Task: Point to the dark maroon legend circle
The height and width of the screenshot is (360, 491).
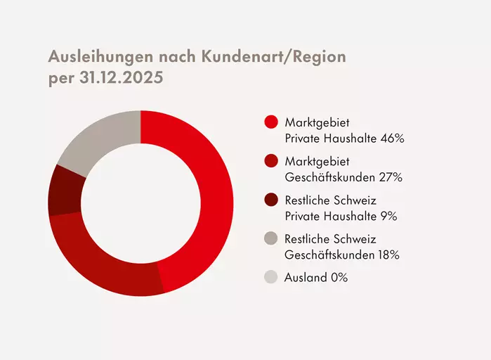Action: coord(271,200)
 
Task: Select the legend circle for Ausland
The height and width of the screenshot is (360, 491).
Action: coord(271,277)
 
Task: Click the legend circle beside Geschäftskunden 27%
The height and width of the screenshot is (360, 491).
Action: coord(271,162)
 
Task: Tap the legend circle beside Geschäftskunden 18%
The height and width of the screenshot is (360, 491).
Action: coord(271,239)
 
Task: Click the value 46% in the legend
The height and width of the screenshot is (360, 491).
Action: coord(392,139)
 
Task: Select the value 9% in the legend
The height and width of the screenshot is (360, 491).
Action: coord(388,216)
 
